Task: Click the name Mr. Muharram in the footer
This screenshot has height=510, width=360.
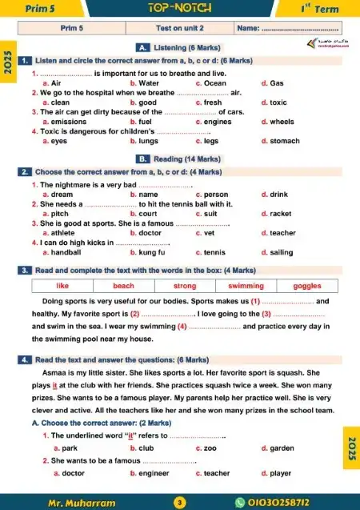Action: click(82, 502)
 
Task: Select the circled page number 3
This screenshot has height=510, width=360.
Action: click(180, 502)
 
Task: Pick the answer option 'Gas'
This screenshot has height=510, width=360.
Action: click(277, 82)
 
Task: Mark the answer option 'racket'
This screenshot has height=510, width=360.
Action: click(281, 214)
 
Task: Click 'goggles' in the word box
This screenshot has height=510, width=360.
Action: click(306, 286)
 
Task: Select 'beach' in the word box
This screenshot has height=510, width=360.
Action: click(123, 286)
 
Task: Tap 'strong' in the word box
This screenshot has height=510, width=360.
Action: click(185, 286)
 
